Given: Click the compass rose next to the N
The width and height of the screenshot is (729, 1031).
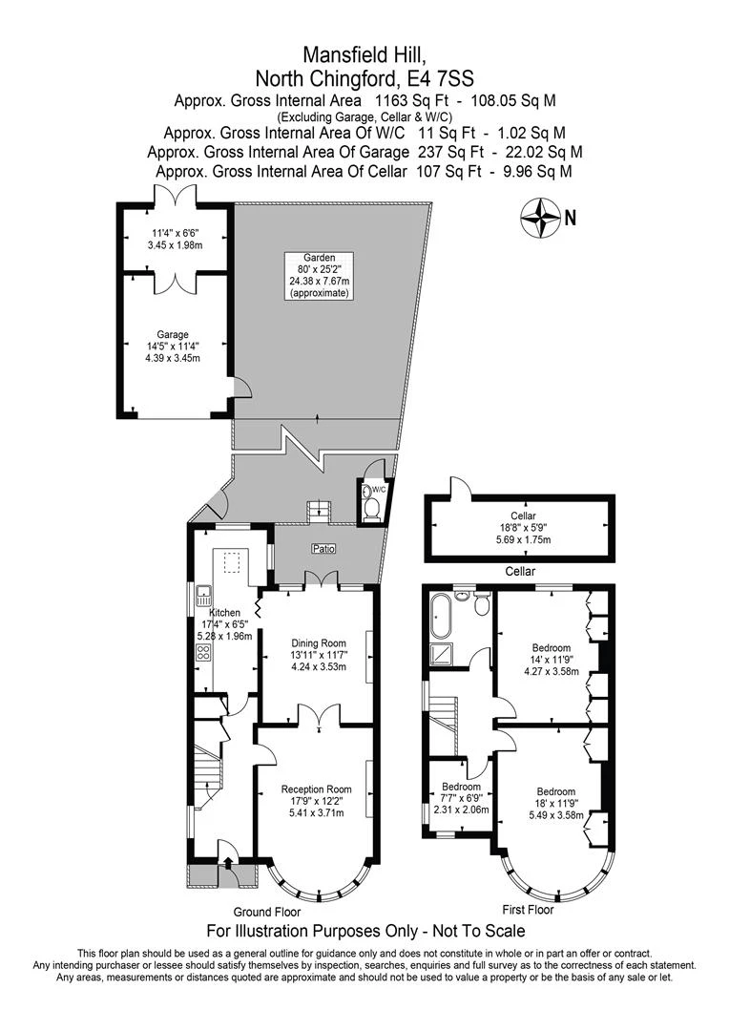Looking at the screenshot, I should pyautogui.click(x=540, y=217).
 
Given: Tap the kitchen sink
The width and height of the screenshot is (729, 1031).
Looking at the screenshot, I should pyautogui.click(x=203, y=598).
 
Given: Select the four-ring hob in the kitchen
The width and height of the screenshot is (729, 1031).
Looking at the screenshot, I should pyautogui.click(x=203, y=653).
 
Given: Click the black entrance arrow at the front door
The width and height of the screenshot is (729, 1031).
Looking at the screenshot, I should pyautogui.click(x=227, y=866).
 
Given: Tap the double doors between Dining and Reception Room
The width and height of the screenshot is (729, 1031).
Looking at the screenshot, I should pyautogui.click(x=315, y=717).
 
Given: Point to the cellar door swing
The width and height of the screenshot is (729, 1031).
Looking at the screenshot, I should pyautogui.click(x=461, y=487).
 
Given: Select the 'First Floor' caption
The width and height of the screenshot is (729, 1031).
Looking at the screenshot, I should pyautogui.click(x=531, y=908).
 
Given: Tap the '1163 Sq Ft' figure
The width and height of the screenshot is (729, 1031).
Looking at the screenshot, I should pyautogui.click(x=407, y=100).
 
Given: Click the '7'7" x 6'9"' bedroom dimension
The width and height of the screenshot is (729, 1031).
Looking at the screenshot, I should pyautogui.click(x=462, y=798).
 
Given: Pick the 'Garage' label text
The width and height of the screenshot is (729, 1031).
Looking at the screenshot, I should pyautogui.click(x=174, y=334).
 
